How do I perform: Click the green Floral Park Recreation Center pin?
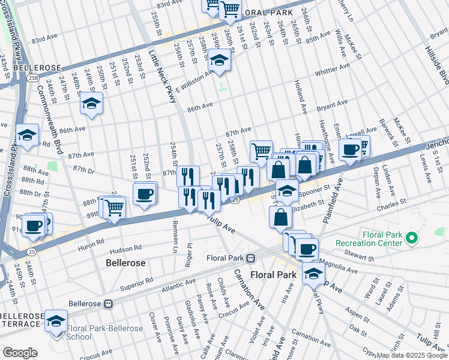coord(412,239)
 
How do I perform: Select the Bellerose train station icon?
coord(108,303)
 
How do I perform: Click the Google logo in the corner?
coord(20,352)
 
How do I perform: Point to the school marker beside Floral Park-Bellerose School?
coord(56,321)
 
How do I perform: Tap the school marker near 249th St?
coord(91,104)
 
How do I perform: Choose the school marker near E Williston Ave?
coord(220,61)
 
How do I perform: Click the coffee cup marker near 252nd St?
coord(145,194)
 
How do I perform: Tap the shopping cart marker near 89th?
coord(113,208)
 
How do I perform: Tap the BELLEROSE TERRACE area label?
coord(22,320)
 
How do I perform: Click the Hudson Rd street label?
coord(125,248)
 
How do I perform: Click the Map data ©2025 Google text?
coord(411,355)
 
